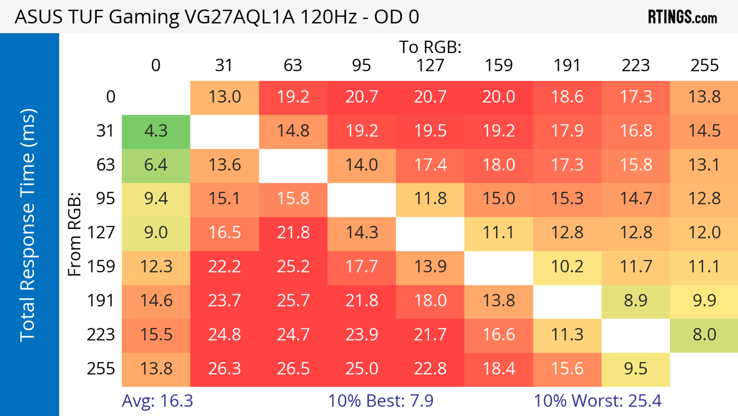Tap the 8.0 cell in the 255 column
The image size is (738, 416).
click(x=704, y=335)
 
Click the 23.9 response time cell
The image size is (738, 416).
click(x=362, y=335)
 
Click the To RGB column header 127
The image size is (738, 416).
click(x=430, y=66)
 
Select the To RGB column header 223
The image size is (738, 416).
click(x=636, y=66)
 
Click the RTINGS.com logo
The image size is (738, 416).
click(x=682, y=17)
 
